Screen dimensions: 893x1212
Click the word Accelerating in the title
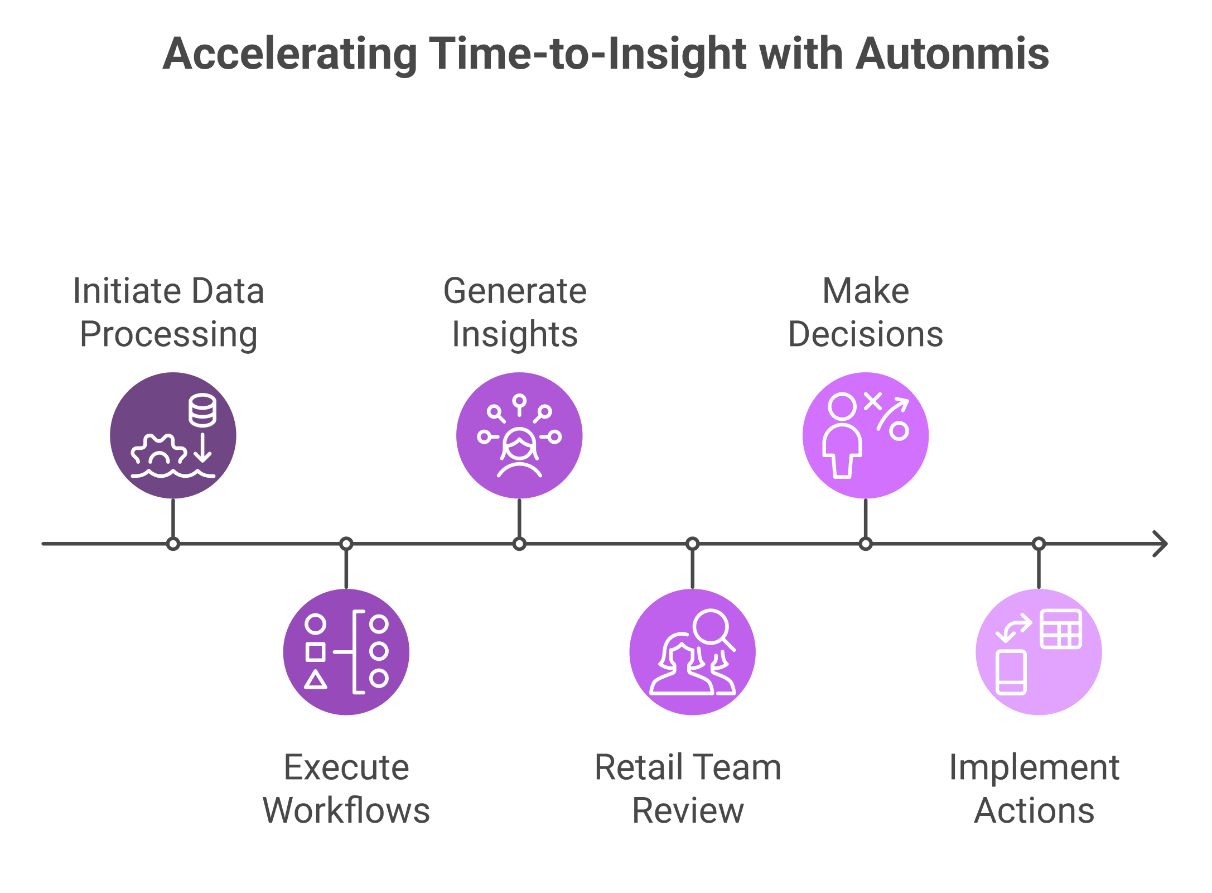[290, 54]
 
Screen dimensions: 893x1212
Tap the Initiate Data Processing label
[168, 313]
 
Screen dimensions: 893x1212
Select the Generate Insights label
[515, 313]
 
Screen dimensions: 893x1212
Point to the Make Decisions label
[866, 313]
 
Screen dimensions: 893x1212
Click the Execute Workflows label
[346, 789]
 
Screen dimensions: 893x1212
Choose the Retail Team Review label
[688, 789]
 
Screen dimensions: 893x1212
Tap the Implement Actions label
[1034, 789]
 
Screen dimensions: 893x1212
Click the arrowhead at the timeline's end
[1160, 544]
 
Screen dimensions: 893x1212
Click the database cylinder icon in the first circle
[202, 410]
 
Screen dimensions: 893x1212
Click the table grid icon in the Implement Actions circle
[1061, 629]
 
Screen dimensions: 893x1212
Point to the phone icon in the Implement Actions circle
[1011, 672]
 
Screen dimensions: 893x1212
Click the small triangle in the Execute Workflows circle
[316, 680]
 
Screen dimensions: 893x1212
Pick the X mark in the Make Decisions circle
[873, 400]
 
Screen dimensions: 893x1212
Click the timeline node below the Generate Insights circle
[519, 544]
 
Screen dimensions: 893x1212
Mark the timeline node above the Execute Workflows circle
[346, 544]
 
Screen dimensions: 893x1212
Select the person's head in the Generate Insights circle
[519, 444]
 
